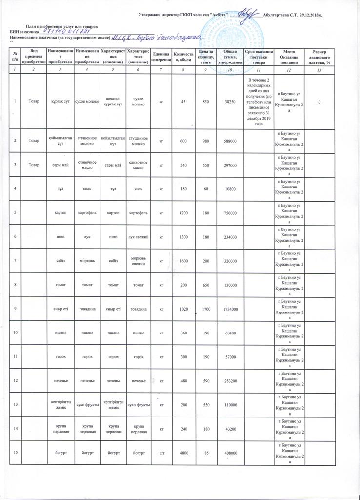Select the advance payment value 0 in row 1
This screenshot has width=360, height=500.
[x=319, y=102]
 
